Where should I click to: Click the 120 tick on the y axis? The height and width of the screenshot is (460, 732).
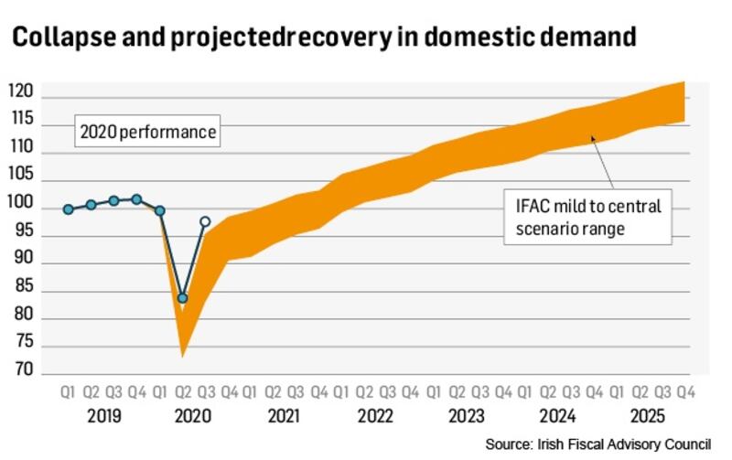[22, 91]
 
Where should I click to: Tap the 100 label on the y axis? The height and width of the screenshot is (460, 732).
[22, 203]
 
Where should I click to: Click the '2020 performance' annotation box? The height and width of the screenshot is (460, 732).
[147, 133]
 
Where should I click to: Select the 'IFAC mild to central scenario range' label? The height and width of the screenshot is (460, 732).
[588, 218]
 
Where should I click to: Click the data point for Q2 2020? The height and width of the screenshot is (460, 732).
[183, 298]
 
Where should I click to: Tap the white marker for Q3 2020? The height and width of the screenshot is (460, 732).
[205, 221]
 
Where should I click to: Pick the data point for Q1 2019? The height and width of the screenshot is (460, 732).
[69, 209]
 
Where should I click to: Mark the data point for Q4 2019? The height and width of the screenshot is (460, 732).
[136, 199]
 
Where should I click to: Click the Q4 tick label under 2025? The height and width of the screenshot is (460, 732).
[683, 392]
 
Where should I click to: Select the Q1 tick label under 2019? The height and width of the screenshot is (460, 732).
[68, 392]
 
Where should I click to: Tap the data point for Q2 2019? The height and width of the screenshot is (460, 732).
[91, 205]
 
